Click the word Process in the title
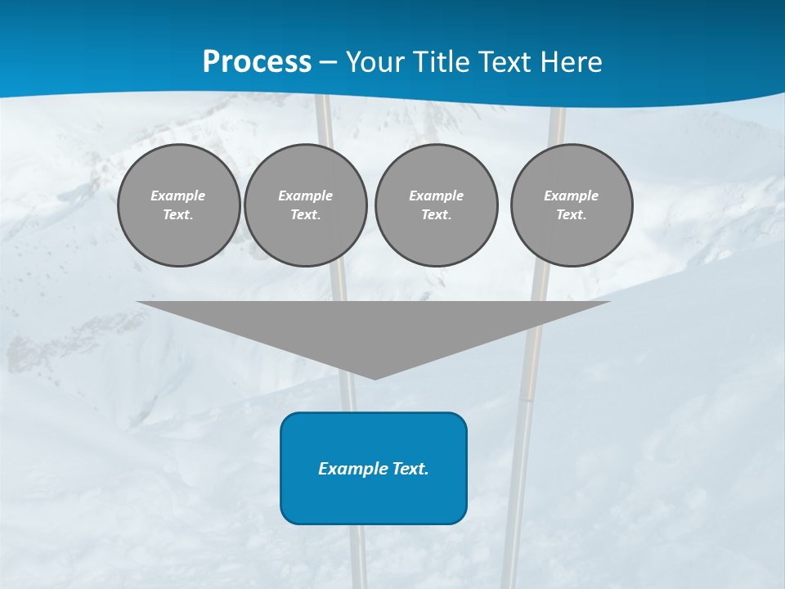pos(257,61)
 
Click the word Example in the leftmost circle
pos(178,196)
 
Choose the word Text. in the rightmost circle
pos(572,214)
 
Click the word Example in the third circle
pos(436,196)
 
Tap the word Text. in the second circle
pos(306,214)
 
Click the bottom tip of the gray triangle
pos(375,377)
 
